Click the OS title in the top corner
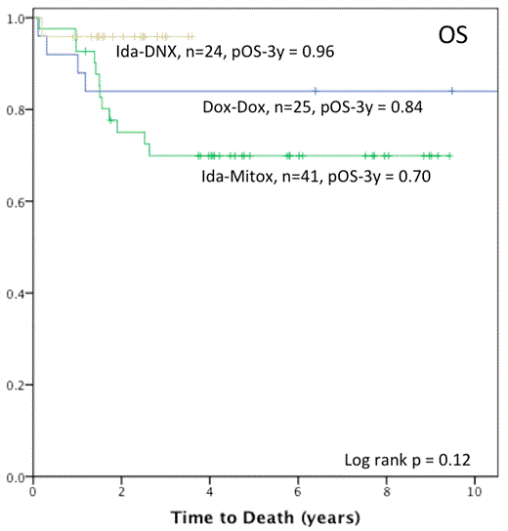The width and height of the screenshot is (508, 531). tap(453, 37)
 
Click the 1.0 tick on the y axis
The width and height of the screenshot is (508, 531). tap(18, 19)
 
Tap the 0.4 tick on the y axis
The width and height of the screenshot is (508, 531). tap(18, 294)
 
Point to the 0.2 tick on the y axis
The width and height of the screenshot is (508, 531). tap(18, 386)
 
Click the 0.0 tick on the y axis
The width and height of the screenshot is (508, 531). tap(18, 477)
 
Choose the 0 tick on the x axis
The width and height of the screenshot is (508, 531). tap(33, 492)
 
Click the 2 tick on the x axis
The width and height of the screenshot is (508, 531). tap(121, 492)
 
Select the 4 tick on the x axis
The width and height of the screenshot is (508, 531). tap(210, 492)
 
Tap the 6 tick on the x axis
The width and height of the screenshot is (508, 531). tap(298, 492)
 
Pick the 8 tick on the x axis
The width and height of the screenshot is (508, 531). tap(387, 492)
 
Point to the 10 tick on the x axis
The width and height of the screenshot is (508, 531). tap(475, 492)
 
